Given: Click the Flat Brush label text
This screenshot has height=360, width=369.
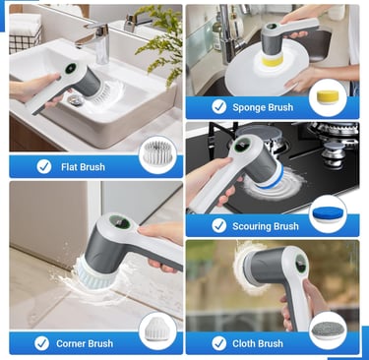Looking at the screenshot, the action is pyautogui.click(x=83, y=167).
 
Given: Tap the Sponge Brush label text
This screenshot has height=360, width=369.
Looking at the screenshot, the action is pyautogui.click(x=263, y=107).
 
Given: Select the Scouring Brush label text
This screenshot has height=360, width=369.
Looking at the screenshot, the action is pyautogui.click(x=266, y=226).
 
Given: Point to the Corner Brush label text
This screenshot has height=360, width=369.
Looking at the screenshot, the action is pyautogui.click(x=85, y=343).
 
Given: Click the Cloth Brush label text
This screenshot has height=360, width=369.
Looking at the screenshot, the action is pyautogui.click(x=258, y=343).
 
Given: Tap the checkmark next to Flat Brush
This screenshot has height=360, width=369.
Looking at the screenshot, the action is pyautogui.click(x=44, y=166).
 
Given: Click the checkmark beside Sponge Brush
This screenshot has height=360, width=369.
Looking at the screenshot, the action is pyautogui.click(x=218, y=107).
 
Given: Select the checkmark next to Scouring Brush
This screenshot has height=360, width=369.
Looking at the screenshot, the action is pyautogui.click(x=218, y=226).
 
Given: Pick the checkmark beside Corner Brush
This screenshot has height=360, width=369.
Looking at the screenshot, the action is pyautogui.click(x=41, y=343).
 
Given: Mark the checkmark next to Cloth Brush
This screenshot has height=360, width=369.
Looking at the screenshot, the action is pyautogui.click(x=218, y=343).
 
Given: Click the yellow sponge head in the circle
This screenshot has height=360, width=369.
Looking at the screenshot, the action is pyautogui.click(x=328, y=97).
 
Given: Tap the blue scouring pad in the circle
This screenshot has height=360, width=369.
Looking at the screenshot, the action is pyautogui.click(x=328, y=214).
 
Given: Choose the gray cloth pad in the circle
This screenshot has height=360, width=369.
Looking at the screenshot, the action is pyautogui.click(x=328, y=329).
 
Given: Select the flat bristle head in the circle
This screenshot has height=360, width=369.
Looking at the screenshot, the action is pyautogui.click(x=157, y=152).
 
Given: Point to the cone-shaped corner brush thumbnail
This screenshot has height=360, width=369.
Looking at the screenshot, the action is pyautogui.click(x=157, y=329).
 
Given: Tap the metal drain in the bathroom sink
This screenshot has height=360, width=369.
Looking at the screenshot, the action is pyautogui.click(x=77, y=99).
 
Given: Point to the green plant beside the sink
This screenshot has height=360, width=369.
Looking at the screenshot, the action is pyautogui.click(x=159, y=42).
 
